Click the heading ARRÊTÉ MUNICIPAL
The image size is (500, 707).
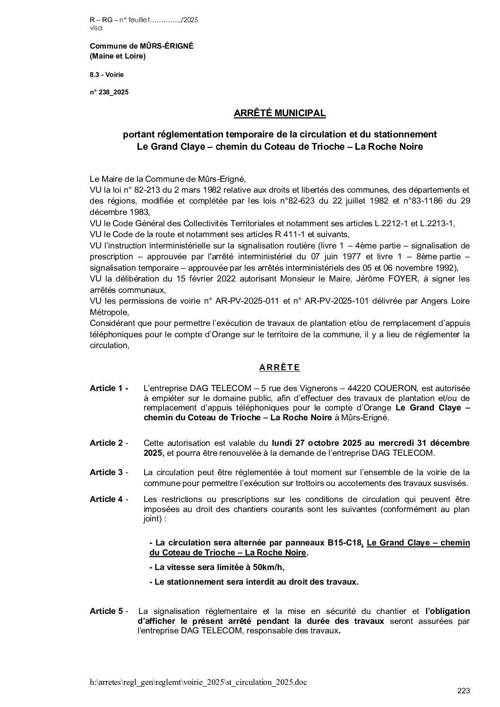[x=280, y=113]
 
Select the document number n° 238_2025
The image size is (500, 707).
[x=109, y=93]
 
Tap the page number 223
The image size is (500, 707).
[x=464, y=691]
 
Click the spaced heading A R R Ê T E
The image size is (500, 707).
[x=280, y=367]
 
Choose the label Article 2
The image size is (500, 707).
[x=107, y=443]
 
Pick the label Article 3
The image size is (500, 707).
[x=107, y=472]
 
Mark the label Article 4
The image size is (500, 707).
[x=107, y=499]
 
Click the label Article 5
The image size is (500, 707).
[x=107, y=611]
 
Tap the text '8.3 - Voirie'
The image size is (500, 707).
[x=107, y=75]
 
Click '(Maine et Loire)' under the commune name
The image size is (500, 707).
[x=118, y=57]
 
